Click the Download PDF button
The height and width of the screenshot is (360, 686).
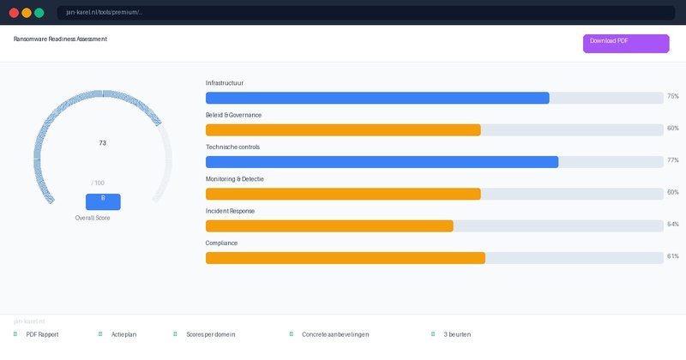626,44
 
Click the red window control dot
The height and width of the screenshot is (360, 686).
14,13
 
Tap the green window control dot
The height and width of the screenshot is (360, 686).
39,13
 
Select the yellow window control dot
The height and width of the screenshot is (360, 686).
27,13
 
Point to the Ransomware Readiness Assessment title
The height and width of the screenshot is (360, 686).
60,39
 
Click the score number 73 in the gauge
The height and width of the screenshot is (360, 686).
103,143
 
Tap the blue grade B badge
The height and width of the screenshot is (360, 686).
103,201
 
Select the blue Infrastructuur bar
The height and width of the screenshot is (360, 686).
377,98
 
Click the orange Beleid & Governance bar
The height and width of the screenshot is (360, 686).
343,130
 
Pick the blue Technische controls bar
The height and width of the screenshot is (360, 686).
382,162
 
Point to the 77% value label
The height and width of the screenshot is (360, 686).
672,160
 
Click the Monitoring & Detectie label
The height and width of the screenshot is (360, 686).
234,178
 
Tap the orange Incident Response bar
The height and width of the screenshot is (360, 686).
329,226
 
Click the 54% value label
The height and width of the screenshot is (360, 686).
672,225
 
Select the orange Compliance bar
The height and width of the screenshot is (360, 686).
345,258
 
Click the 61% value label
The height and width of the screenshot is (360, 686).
672,256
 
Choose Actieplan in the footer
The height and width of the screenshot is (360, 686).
123,334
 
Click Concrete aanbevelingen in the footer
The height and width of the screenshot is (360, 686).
335,334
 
